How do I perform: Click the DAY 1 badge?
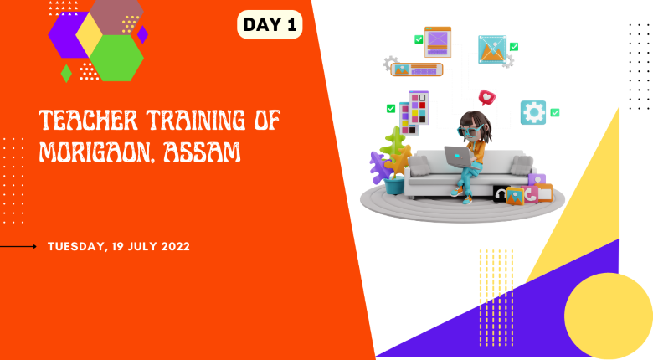tap(270, 24)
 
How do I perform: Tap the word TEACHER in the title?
tap(88, 120)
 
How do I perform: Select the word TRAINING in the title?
tap(196, 120)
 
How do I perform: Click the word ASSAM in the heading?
tap(203, 152)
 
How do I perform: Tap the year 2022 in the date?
tap(175, 246)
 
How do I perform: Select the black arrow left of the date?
tap(18, 247)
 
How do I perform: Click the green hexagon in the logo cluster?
tap(116, 58)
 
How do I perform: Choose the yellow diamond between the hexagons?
tap(89, 34)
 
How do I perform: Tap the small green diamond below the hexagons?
tap(66, 74)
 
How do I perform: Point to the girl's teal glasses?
tap(470, 131)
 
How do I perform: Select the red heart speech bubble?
tap(487, 97)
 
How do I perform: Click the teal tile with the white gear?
tap(533, 112)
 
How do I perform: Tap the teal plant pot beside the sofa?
tap(394, 186)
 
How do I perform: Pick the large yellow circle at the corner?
tap(609, 316)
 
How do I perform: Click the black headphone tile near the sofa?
tap(500, 194)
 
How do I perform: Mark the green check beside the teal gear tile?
tap(555, 112)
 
